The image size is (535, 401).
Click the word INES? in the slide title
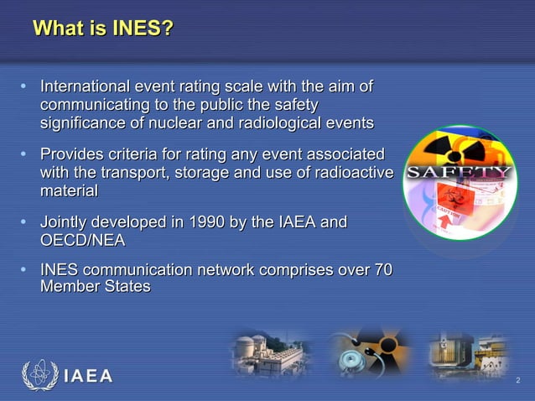142,29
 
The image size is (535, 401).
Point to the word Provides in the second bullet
75,154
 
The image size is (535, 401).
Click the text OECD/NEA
82,241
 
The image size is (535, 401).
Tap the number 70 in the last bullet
382,270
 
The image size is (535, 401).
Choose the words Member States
95,286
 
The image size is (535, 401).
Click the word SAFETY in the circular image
459,174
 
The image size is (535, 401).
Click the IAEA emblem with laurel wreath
39,376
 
